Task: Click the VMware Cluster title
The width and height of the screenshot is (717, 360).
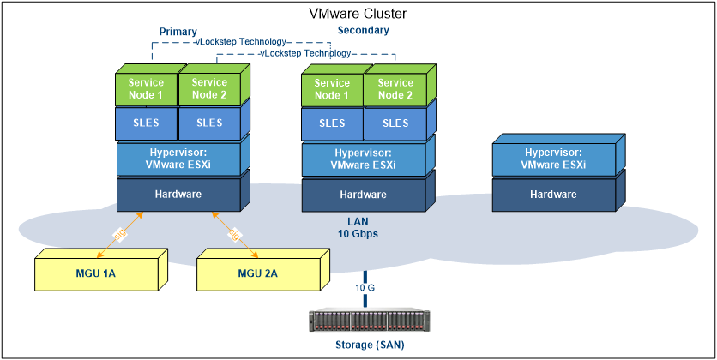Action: [x=358, y=14]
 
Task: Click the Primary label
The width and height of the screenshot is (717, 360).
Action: [x=178, y=32]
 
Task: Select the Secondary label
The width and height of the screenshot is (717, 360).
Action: [x=363, y=30]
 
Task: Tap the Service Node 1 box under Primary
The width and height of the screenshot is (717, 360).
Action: [x=146, y=89]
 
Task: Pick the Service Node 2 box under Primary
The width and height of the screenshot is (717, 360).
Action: [x=209, y=89]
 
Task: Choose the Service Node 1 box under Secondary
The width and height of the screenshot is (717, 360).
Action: [x=332, y=89]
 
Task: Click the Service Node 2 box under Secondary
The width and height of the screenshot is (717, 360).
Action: [x=395, y=89]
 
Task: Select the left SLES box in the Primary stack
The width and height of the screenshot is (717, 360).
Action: [x=146, y=123]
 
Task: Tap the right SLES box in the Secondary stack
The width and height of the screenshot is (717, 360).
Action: [x=395, y=123]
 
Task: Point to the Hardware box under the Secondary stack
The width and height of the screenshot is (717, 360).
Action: [x=364, y=195]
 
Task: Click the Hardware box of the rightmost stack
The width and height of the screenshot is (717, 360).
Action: [x=553, y=195]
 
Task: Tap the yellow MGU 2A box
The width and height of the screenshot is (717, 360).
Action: [x=258, y=273]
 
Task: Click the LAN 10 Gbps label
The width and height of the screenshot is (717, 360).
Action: [x=356, y=227]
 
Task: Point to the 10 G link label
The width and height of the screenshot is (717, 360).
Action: [x=365, y=288]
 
